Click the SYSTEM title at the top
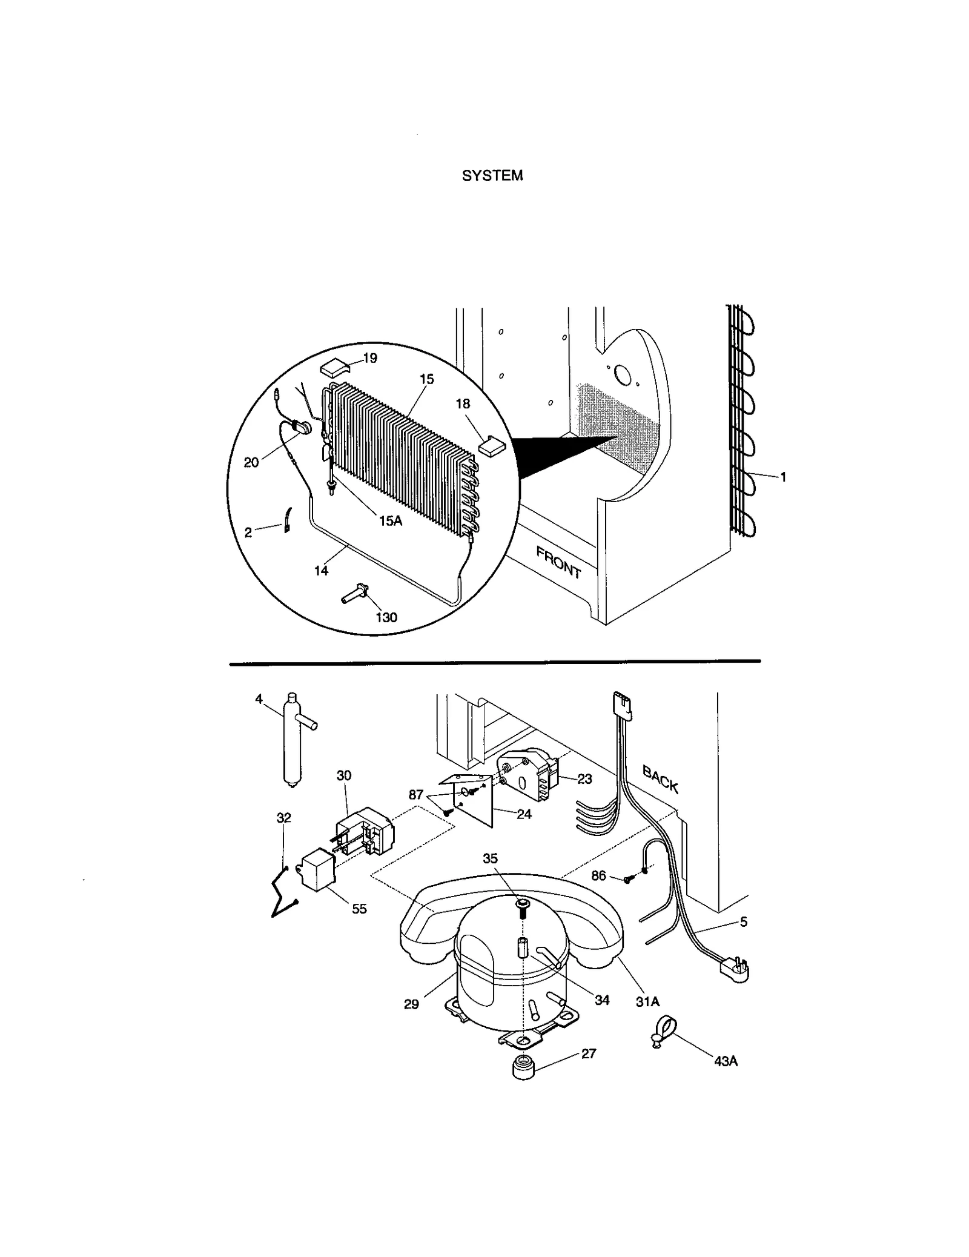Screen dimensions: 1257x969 click(492, 176)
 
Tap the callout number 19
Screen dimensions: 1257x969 click(369, 358)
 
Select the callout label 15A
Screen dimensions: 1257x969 click(391, 520)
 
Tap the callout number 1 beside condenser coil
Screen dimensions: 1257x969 click(783, 477)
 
